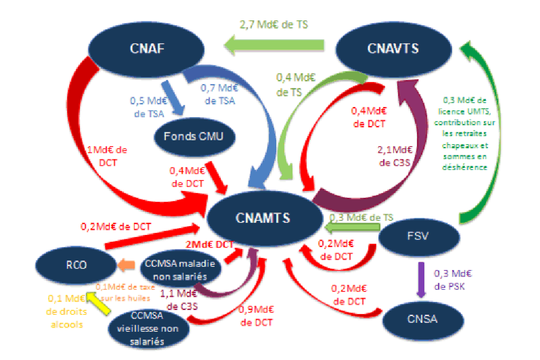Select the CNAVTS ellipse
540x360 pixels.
click(x=394, y=49)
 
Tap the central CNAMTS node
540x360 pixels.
click(x=263, y=218)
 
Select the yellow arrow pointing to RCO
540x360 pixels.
click(x=99, y=302)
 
